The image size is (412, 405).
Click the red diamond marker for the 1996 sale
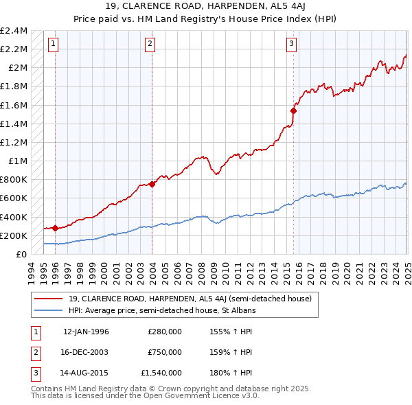point(55,228)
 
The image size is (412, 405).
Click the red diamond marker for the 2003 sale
point(152,184)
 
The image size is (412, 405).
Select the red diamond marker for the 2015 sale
point(293,110)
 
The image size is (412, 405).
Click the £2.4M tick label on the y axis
point(14,31)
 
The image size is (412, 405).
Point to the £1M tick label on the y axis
point(18,161)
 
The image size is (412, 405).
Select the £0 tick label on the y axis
point(21,255)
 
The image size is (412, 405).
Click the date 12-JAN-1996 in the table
point(86,332)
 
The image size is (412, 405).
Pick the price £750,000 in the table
point(165,352)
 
